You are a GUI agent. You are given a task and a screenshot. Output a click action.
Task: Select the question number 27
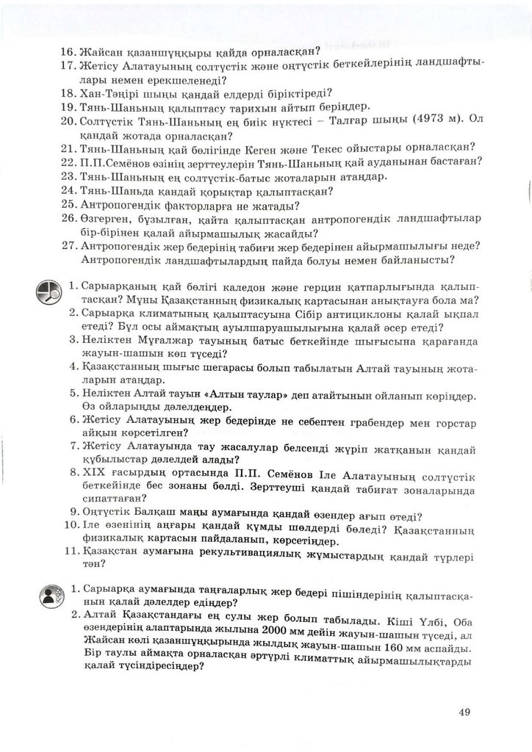click(x=68, y=246)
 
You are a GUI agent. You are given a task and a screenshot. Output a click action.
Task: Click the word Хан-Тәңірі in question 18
click(x=108, y=93)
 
